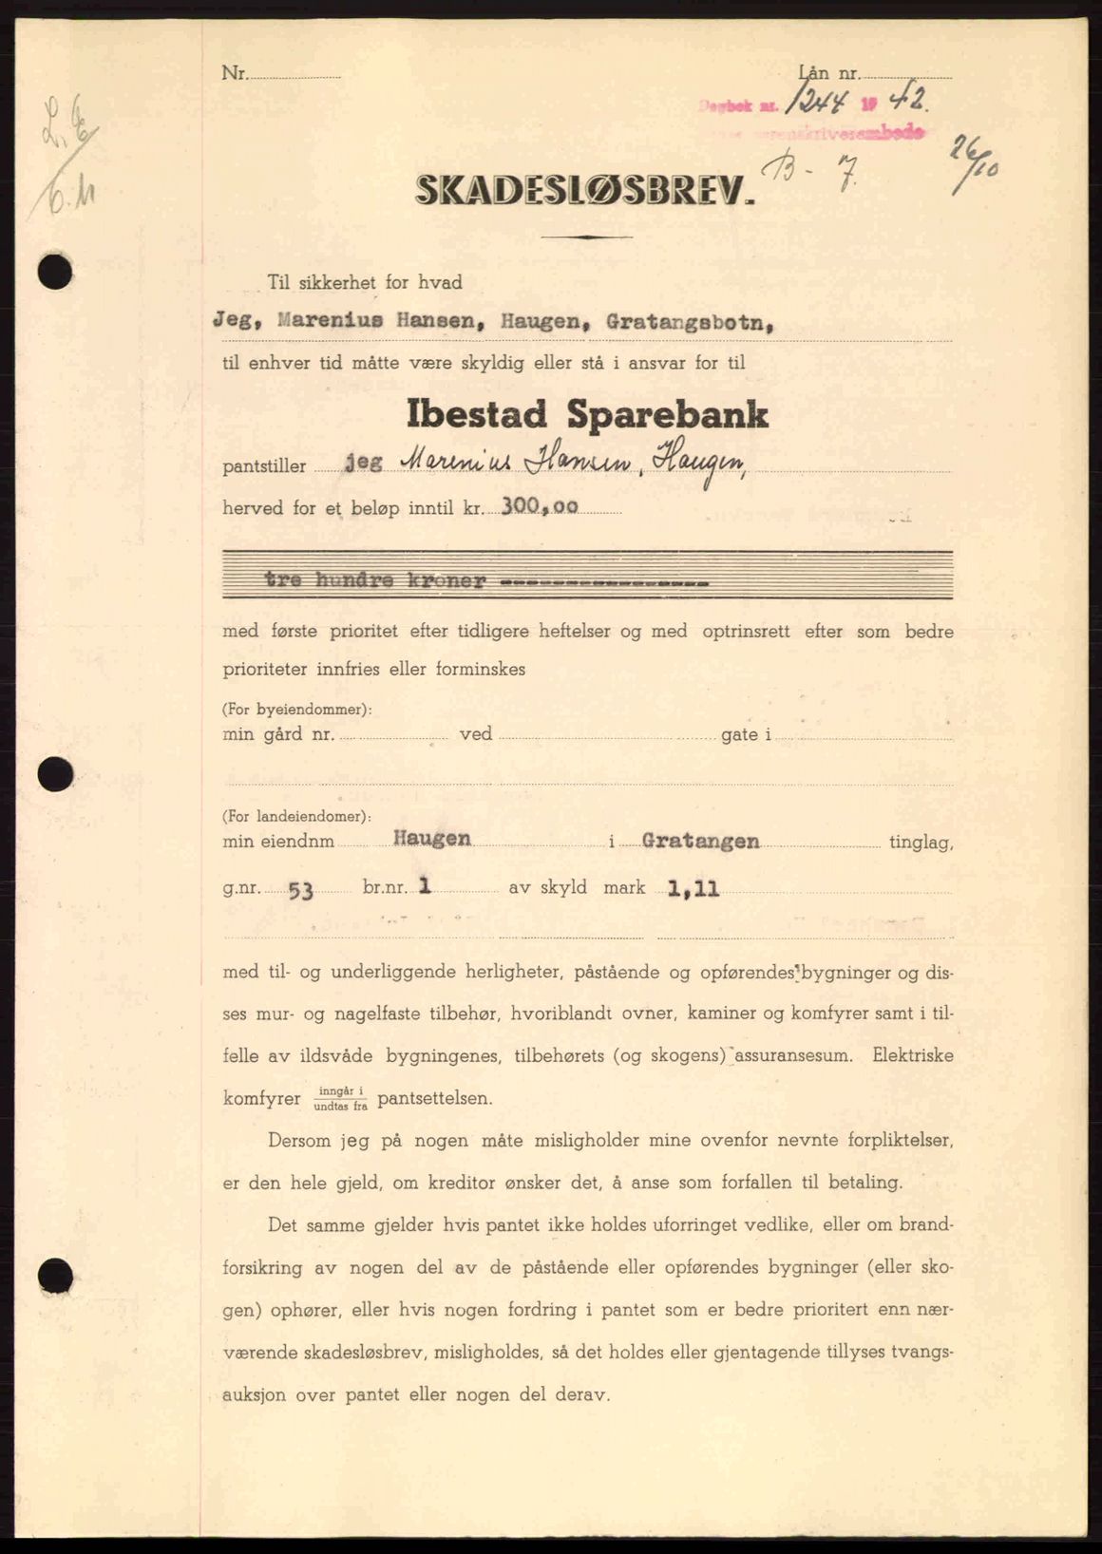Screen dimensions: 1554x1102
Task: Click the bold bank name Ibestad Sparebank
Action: click(588, 414)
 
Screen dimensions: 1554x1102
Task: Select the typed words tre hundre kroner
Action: click(375, 579)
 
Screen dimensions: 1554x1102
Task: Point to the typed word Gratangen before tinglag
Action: click(700, 841)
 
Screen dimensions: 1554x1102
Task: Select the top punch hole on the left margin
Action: click(55, 273)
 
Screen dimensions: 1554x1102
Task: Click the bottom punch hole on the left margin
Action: click(55, 1272)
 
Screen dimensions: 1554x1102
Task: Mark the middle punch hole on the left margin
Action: click(55, 773)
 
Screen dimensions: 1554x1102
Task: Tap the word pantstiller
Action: click(264, 466)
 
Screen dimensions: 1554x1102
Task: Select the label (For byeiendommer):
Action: click(296, 710)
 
